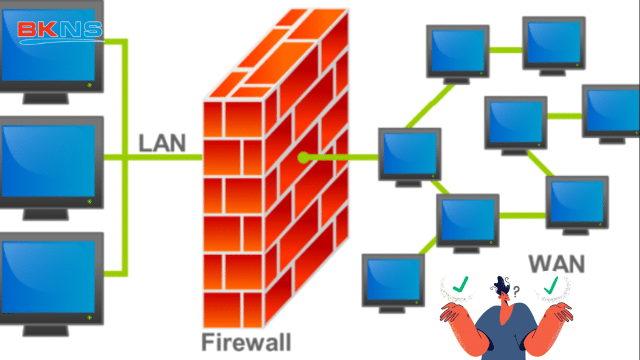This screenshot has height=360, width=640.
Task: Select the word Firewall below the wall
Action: [x=246, y=342]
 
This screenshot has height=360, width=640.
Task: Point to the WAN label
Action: [x=556, y=263]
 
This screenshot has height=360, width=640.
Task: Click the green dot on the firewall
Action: [x=303, y=157]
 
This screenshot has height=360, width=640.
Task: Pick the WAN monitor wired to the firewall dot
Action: [x=410, y=154]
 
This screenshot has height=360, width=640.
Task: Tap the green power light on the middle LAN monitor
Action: [x=90, y=201]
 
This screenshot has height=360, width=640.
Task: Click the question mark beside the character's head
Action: [x=516, y=291]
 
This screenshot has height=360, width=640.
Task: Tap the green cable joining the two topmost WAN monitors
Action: [x=506, y=49]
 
